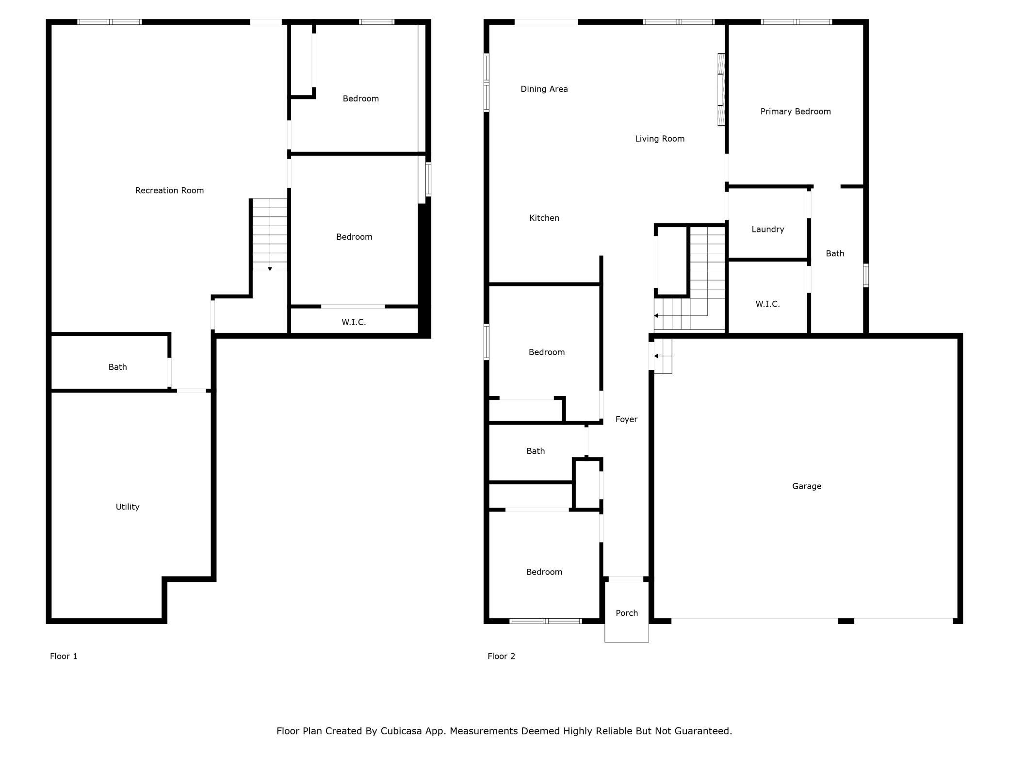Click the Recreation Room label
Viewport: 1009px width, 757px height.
[x=169, y=191]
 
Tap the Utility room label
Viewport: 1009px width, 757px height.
[x=128, y=507]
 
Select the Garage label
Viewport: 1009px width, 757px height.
[x=807, y=486]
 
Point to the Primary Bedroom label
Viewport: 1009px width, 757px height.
[x=796, y=112]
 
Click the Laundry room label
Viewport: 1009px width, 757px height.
[x=767, y=230]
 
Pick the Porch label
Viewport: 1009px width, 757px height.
[x=627, y=613]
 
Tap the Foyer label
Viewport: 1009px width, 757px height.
[x=626, y=419]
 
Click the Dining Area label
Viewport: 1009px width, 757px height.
[x=544, y=89]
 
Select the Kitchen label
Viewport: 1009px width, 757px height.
[x=544, y=218]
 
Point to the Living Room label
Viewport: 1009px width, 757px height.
[x=660, y=139]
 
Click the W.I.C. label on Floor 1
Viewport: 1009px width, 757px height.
[x=354, y=322]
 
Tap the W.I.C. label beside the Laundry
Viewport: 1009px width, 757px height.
[x=767, y=304]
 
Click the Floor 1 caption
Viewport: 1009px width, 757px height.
[x=64, y=657]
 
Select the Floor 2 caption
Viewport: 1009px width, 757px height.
[x=501, y=657]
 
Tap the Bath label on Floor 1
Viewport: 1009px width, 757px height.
[x=117, y=367]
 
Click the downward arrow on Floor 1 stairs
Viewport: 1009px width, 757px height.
[x=270, y=268]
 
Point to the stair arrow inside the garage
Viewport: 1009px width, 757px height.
[x=656, y=356]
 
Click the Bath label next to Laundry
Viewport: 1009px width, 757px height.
[x=835, y=254]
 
